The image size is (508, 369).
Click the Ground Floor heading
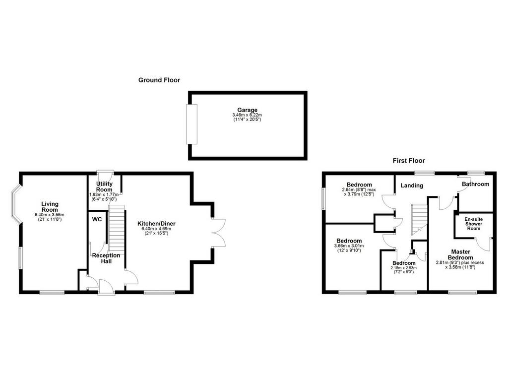(x=159, y=80)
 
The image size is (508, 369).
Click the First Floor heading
(x=409, y=160)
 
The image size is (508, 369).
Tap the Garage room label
(x=247, y=110)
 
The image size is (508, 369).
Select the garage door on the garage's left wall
(x=191, y=124)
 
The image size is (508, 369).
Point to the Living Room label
(x=50, y=207)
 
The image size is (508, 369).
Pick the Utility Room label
(x=104, y=186)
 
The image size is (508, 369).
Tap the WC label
(x=97, y=219)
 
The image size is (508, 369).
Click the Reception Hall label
(x=106, y=258)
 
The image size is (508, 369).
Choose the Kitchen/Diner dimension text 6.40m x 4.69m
(x=156, y=229)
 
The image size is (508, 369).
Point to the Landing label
(x=412, y=185)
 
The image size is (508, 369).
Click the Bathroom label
(x=476, y=184)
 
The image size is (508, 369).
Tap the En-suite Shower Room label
(x=474, y=224)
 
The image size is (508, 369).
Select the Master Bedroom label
(x=461, y=254)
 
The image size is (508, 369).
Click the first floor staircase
(x=420, y=220)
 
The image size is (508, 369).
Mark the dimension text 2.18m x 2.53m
(x=404, y=268)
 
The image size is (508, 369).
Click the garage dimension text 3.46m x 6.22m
(x=247, y=115)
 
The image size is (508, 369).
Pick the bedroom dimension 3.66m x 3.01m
(x=349, y=246)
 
